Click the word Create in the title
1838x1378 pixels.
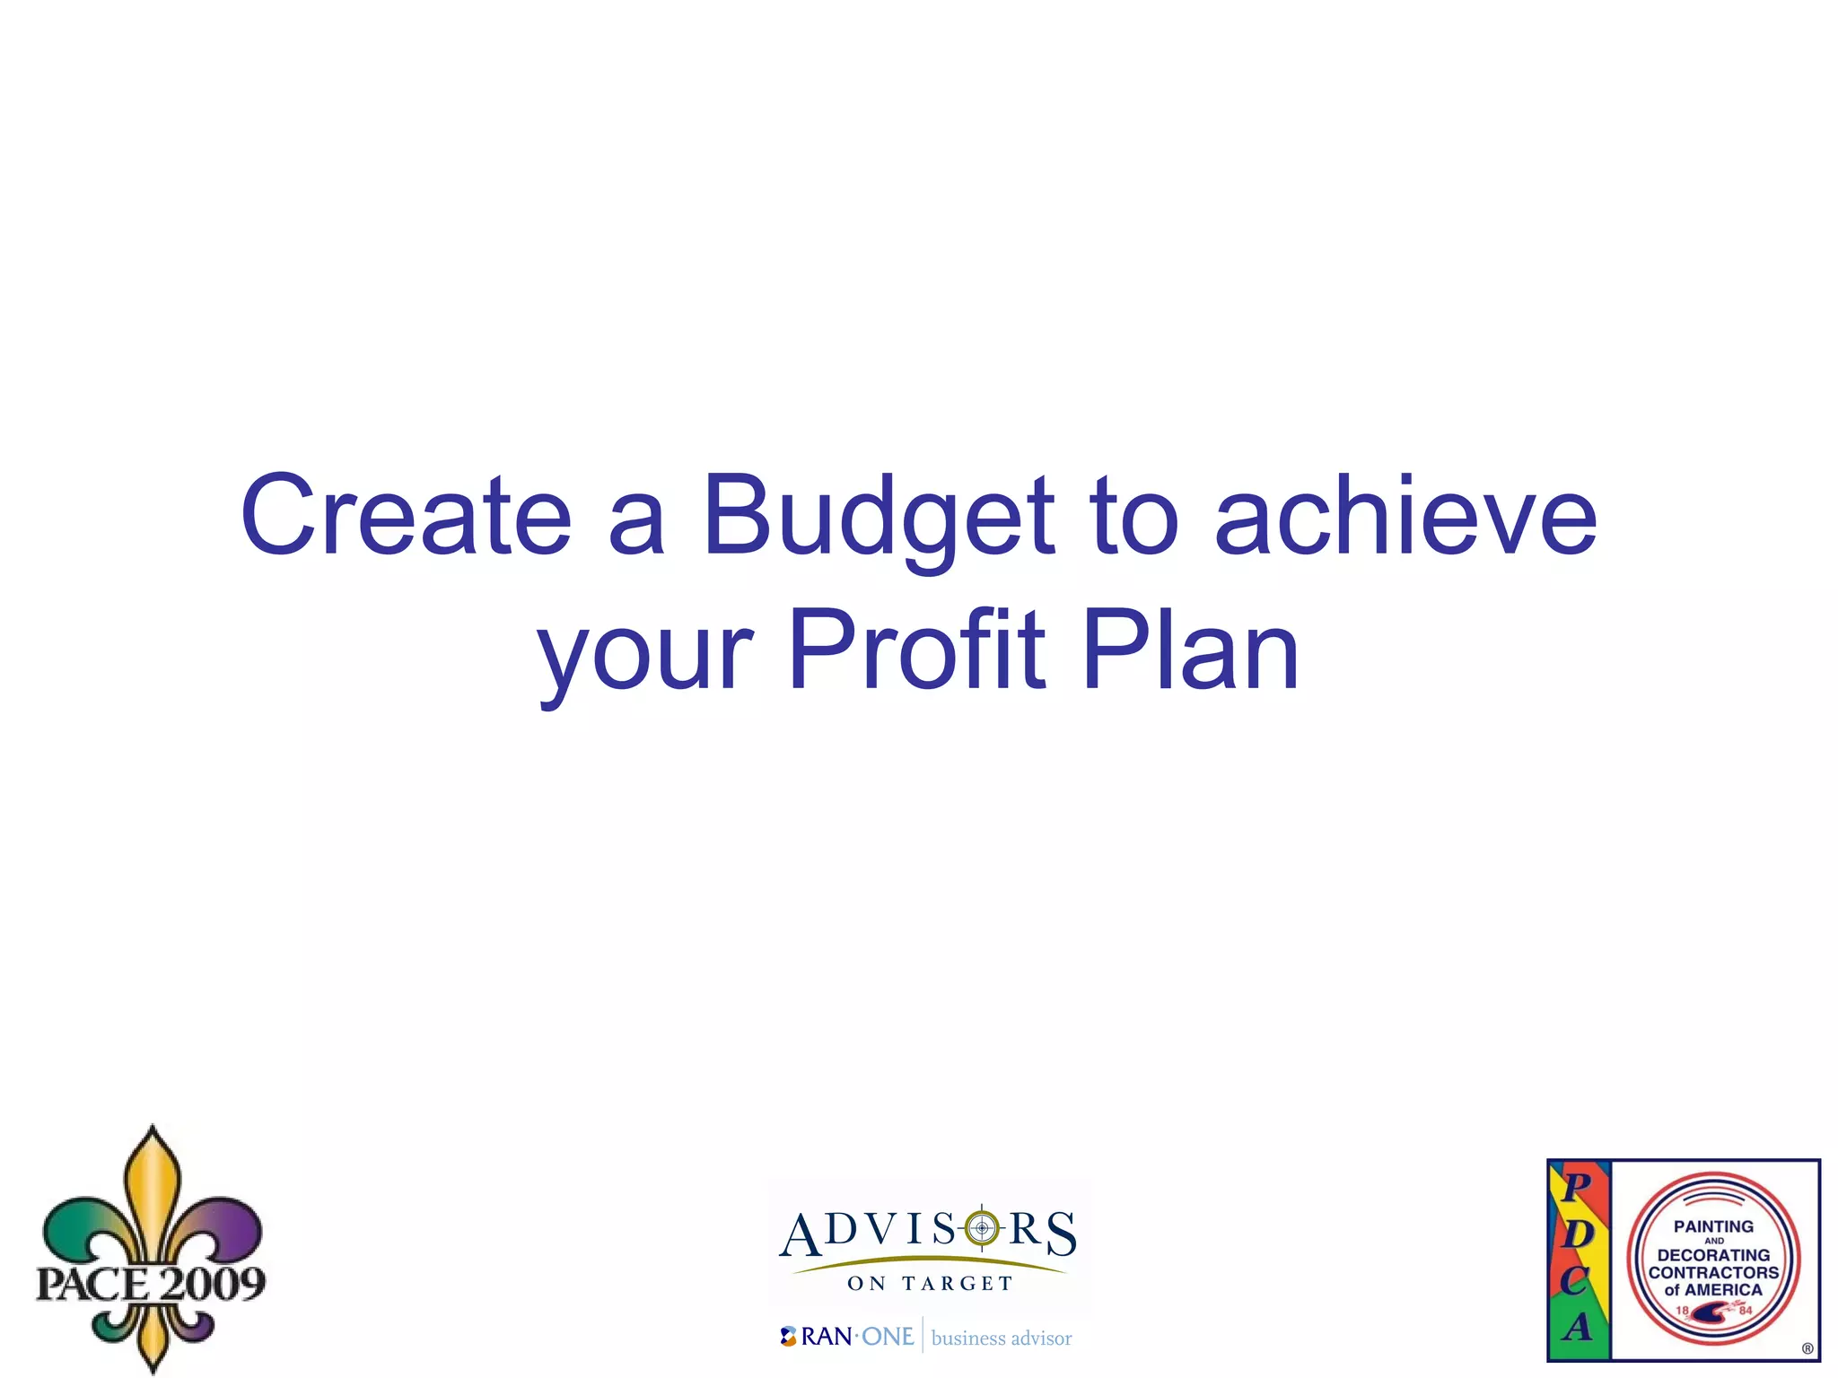point(406,515)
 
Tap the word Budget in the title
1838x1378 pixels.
point(878,517)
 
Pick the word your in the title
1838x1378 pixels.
point(645,655)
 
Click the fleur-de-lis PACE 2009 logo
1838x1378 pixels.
point(151,1247)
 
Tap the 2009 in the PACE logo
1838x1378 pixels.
point(208,1284)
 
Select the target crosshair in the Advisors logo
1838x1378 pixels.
point(982,1227)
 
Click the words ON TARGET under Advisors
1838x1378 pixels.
point(930,1284)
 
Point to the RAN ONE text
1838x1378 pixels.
point(857,1337)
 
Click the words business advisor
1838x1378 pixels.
point(1002,1339)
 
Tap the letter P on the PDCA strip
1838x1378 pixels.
point(1576,1188)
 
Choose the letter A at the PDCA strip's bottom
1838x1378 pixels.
point(1578,1326)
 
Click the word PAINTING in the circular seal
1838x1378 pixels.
point(1713,1226)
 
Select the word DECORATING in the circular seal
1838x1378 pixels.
point(1713,1255)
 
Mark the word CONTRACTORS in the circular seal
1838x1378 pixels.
point(1713,1272)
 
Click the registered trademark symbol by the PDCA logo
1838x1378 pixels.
point(1807,1348)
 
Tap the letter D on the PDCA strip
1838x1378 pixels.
point(1578,1234)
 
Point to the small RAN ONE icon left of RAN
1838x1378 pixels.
point(788,1337)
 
